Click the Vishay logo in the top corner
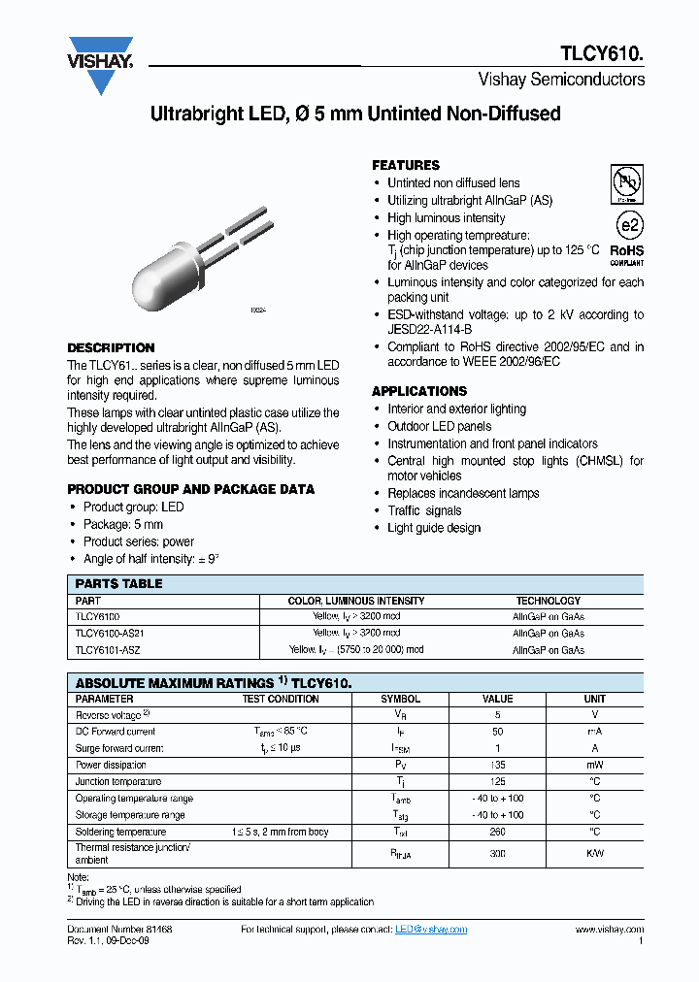(x=100, y=64)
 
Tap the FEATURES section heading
(x=406, y=165)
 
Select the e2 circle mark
(x=630, y=225)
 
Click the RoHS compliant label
(x=626, y=252)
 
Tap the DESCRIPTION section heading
(x=111, y=347)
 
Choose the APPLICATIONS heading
(x=419, y=391)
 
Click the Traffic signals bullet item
(x=424, y=510)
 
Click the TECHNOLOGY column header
(x=548, y=601)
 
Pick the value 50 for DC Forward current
(x=497, y=732)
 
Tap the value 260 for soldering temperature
(x=497, y=832)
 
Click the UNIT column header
(x=594, y=699)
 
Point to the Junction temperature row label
(x=118, y=781)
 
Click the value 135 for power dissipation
(x=497, y=765)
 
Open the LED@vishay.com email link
(x=431, y=929)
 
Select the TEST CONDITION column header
(x=281, y=699)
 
